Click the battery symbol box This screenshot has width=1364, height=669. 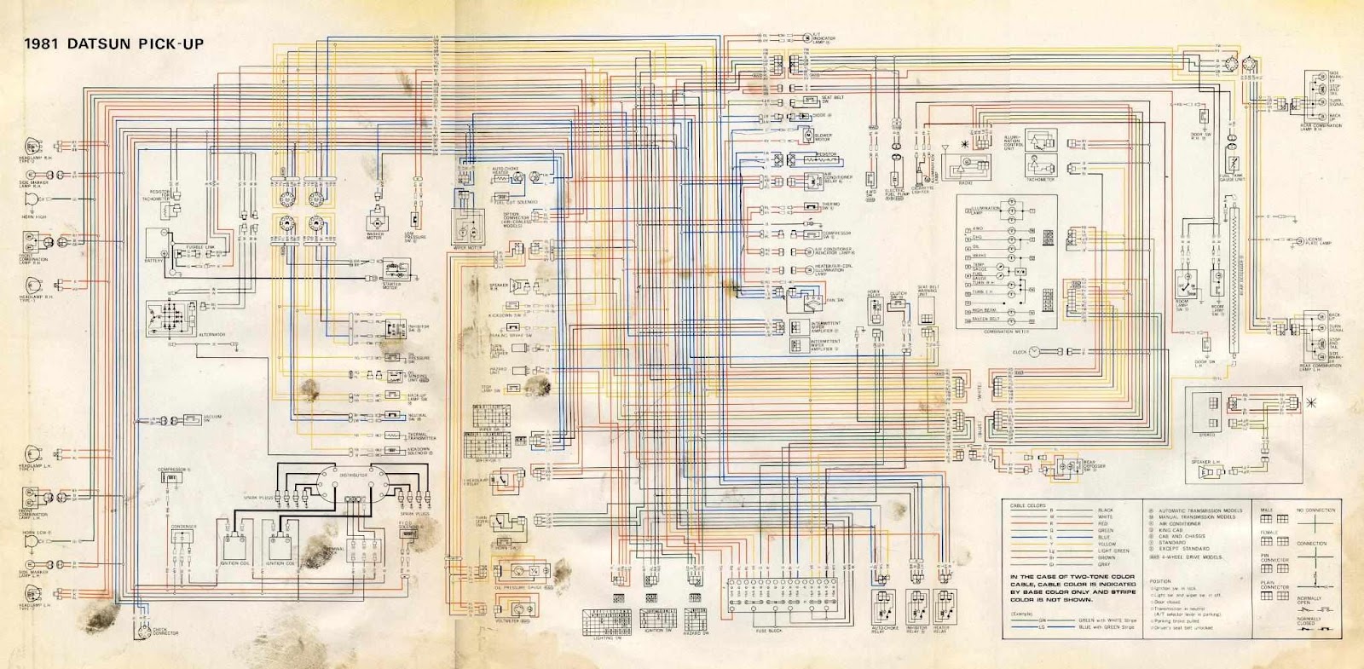[156, 245]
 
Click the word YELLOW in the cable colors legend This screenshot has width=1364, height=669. [1107, 544]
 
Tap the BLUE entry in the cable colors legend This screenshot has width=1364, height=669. [1105, 537]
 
